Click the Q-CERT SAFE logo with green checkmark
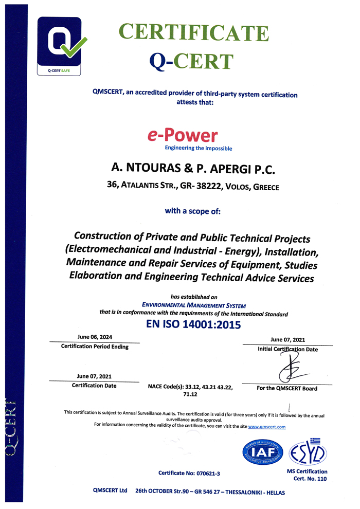(59, 46)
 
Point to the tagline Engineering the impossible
(198, 149)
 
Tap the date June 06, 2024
(94, 337)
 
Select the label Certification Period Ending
(95, 347)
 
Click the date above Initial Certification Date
(288, 339)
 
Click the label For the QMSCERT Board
(287, 389)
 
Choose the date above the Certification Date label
(94, 376)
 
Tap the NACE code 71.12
(190, 395)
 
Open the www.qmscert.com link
(266, 427)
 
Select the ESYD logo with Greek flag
(308, 452)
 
